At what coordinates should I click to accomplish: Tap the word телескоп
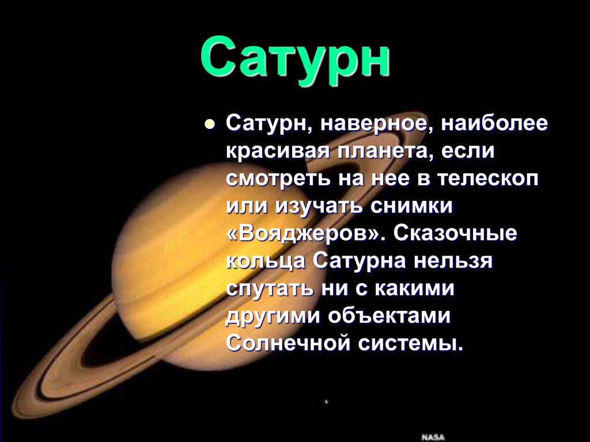(487, 179)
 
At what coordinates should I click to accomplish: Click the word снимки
(411, 206)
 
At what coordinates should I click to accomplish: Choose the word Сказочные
(455, 233)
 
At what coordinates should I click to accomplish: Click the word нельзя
(453, 261)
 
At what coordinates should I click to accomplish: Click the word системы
(410, 343)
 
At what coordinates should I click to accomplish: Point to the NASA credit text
(433, 437)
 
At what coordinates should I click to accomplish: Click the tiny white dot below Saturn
(326, 402)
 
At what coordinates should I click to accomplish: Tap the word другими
(273, 317)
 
